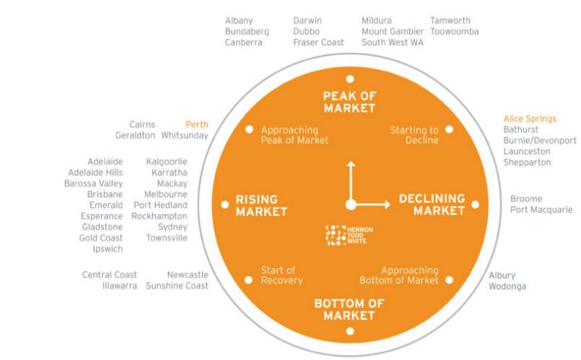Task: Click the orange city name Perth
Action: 196,125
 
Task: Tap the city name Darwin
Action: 307,21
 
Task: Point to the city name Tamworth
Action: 450,21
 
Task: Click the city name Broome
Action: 526,199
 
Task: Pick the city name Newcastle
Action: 187,275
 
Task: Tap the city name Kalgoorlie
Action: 166,162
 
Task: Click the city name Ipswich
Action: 107,249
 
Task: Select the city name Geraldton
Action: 135,136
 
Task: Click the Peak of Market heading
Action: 349,102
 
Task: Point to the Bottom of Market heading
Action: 349,309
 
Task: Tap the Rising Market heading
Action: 261,206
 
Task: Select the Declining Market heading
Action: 432,204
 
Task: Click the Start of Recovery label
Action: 281,276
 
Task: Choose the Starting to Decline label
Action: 414,135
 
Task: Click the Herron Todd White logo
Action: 349,234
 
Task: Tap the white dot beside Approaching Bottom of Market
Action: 449,279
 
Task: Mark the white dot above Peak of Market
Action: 350,79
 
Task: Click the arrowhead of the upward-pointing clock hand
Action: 350,164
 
